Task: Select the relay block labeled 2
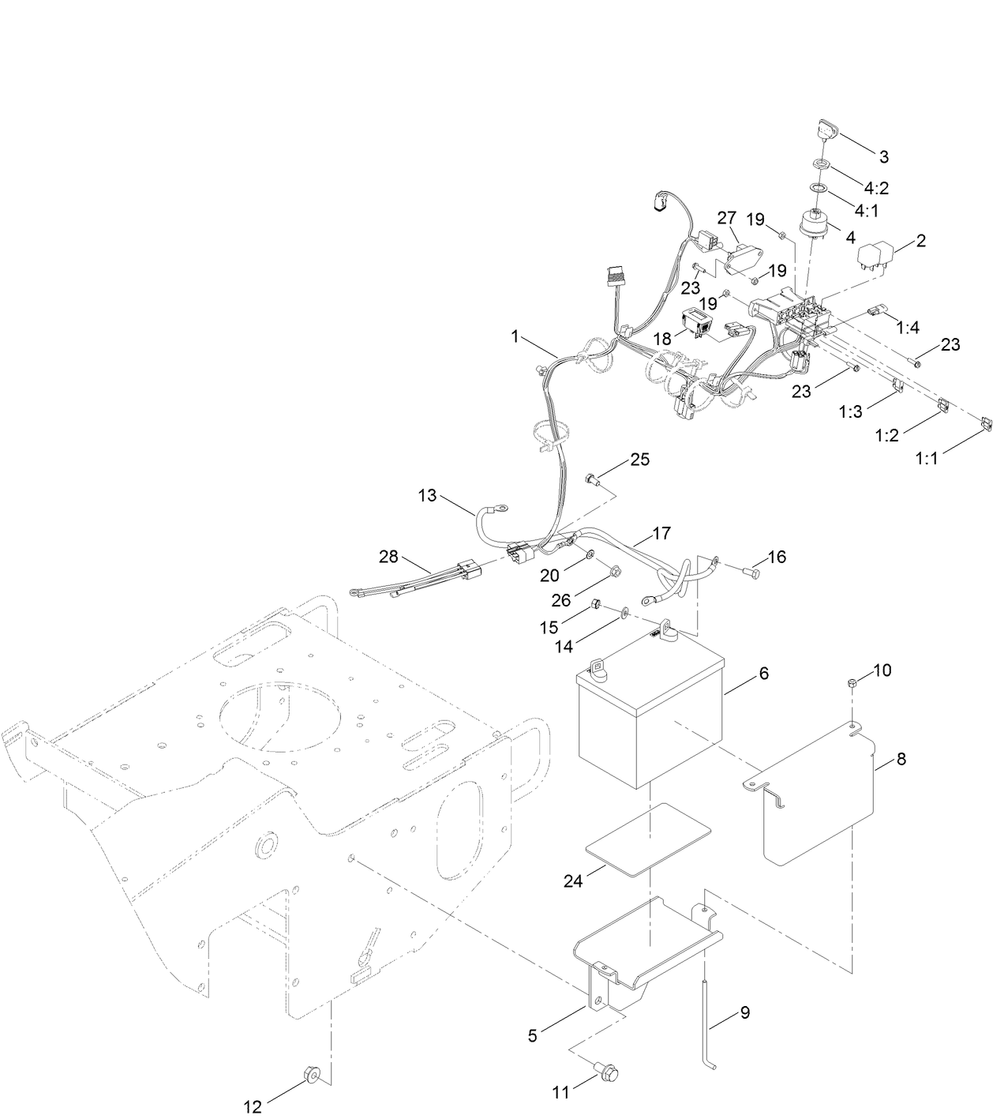point(876,258)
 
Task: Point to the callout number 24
point(573,881)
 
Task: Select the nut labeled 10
point(852,682)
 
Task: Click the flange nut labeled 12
point(310,1073)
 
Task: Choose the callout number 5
point(533,1035)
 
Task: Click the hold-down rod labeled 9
point(704,1027)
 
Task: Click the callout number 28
point(388,557)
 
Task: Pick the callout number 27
point(726,217)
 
